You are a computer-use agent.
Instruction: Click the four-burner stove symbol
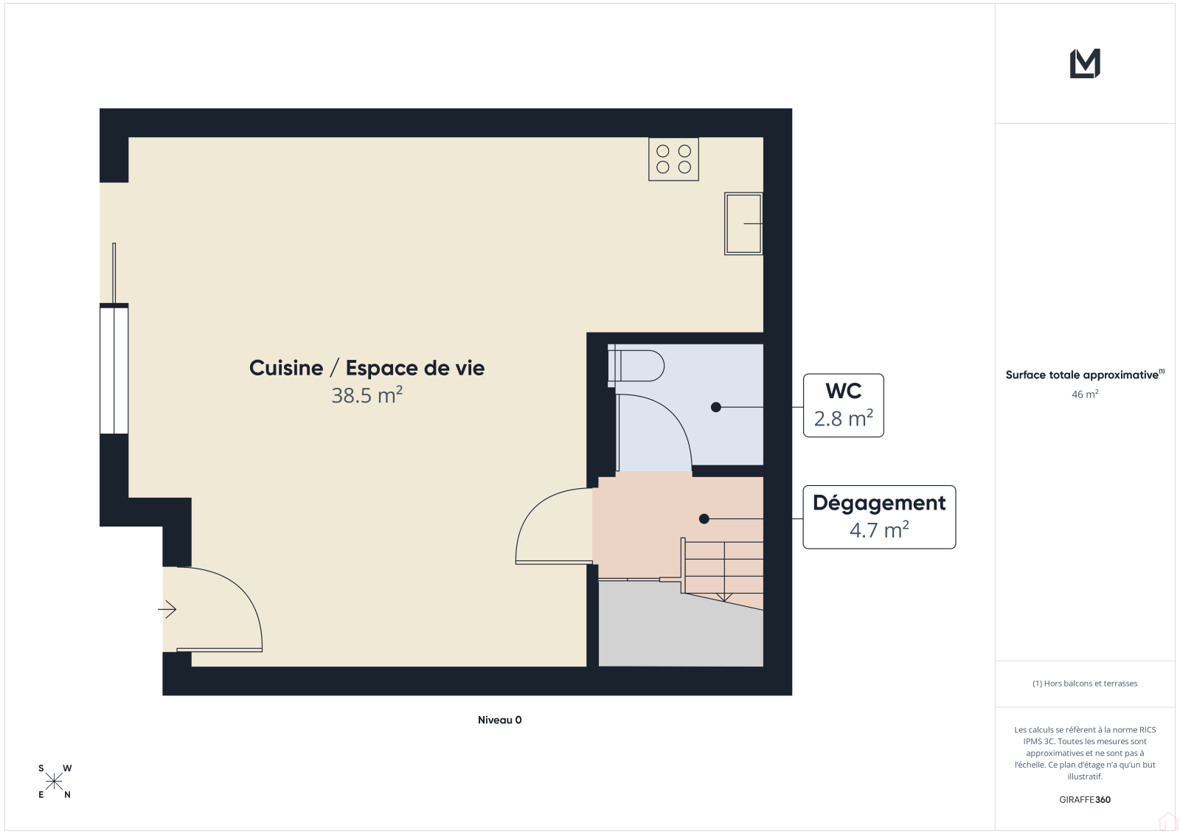(x=673, y=159)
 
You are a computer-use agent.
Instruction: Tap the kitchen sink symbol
(x=743, y=224)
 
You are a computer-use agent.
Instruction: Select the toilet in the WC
(x=636, y=366)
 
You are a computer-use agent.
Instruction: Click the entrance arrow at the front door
(x=167, y=610)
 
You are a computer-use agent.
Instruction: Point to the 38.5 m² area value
(x=367, y=395)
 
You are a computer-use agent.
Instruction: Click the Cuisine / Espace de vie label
(x=367, y=368)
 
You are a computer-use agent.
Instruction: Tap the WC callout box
(x=844, y=405)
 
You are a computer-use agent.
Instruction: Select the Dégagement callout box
(x=879, y=517)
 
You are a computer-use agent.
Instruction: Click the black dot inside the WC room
(x=716, y=407)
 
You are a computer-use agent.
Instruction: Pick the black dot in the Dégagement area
(x=704, y=519)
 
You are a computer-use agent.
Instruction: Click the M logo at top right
(x=1085, y=63)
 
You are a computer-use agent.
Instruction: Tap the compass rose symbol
(x=55, y=782)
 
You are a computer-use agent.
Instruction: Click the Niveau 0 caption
(x=499, y=720)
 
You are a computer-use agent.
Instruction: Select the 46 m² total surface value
(x=1085, y=394)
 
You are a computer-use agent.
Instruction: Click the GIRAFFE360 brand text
(x=1085, y=800)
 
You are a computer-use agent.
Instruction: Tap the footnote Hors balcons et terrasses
(x=1085, y=684)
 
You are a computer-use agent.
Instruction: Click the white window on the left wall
(x=114, y=370)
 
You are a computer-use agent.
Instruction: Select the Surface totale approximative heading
(x=1085, y=375)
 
